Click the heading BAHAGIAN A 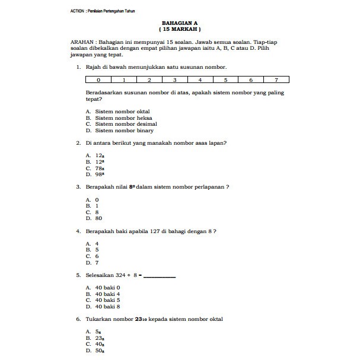pos(180,22)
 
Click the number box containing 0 pos(98,79)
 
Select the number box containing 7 pos(276,79)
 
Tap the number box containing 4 pos(200,79)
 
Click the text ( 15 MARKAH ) pos(180,28)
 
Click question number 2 pos(79,143)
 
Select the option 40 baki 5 pos(107,300)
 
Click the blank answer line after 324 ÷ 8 pos(160,275)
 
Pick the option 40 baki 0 pos(107,287)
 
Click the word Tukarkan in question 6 pos(99,318)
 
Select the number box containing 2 pos(149,79)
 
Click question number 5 pos(79,275)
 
